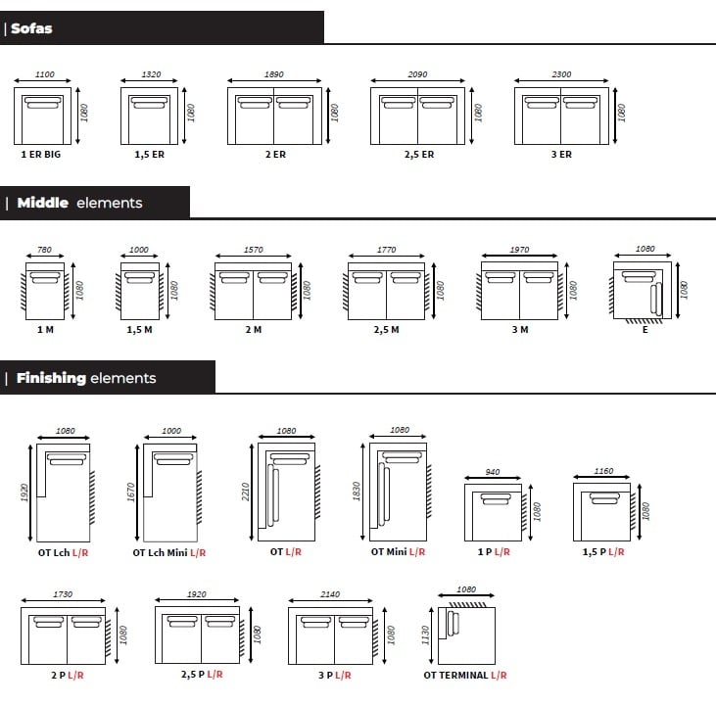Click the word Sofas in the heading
(31, 28)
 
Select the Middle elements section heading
(79, 203)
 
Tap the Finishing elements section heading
(86, 378)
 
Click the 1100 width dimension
(45, 74)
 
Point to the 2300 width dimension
(561, 74)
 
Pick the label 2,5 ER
(419, 155)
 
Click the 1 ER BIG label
(40, 155)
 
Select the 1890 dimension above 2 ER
(274, 74)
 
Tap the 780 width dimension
(44, 250)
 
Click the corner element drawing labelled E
(643, 291)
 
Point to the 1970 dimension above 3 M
(520, 250)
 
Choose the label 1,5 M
(139, 330)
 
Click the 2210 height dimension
(245, 492)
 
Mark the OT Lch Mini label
(160, 552)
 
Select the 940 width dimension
(493, 472)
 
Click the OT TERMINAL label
(455, 675)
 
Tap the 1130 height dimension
(425, 635)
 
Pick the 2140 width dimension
(330, 594)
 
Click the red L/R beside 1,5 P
(616, 552)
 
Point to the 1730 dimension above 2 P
(63, 594)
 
